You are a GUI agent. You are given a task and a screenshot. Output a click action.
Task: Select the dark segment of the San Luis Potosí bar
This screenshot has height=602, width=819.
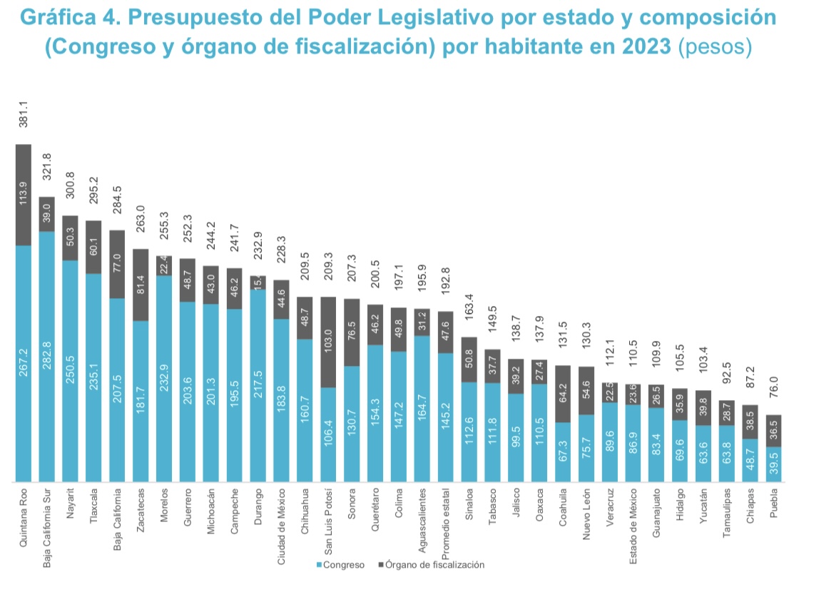point(329,342)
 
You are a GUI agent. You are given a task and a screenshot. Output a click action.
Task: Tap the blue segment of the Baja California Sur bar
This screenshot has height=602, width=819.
point(47,357)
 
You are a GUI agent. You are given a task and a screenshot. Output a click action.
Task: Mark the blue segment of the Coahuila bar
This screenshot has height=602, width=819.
point(564,452)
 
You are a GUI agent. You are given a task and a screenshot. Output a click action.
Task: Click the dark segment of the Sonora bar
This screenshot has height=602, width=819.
point(352,332)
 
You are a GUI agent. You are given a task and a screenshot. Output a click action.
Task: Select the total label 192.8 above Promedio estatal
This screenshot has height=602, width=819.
point(446,292)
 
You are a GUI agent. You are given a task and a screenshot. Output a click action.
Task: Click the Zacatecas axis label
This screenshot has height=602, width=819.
point(141,507)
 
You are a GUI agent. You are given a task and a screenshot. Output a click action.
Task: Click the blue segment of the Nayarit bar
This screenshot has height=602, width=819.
point(71,371)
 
